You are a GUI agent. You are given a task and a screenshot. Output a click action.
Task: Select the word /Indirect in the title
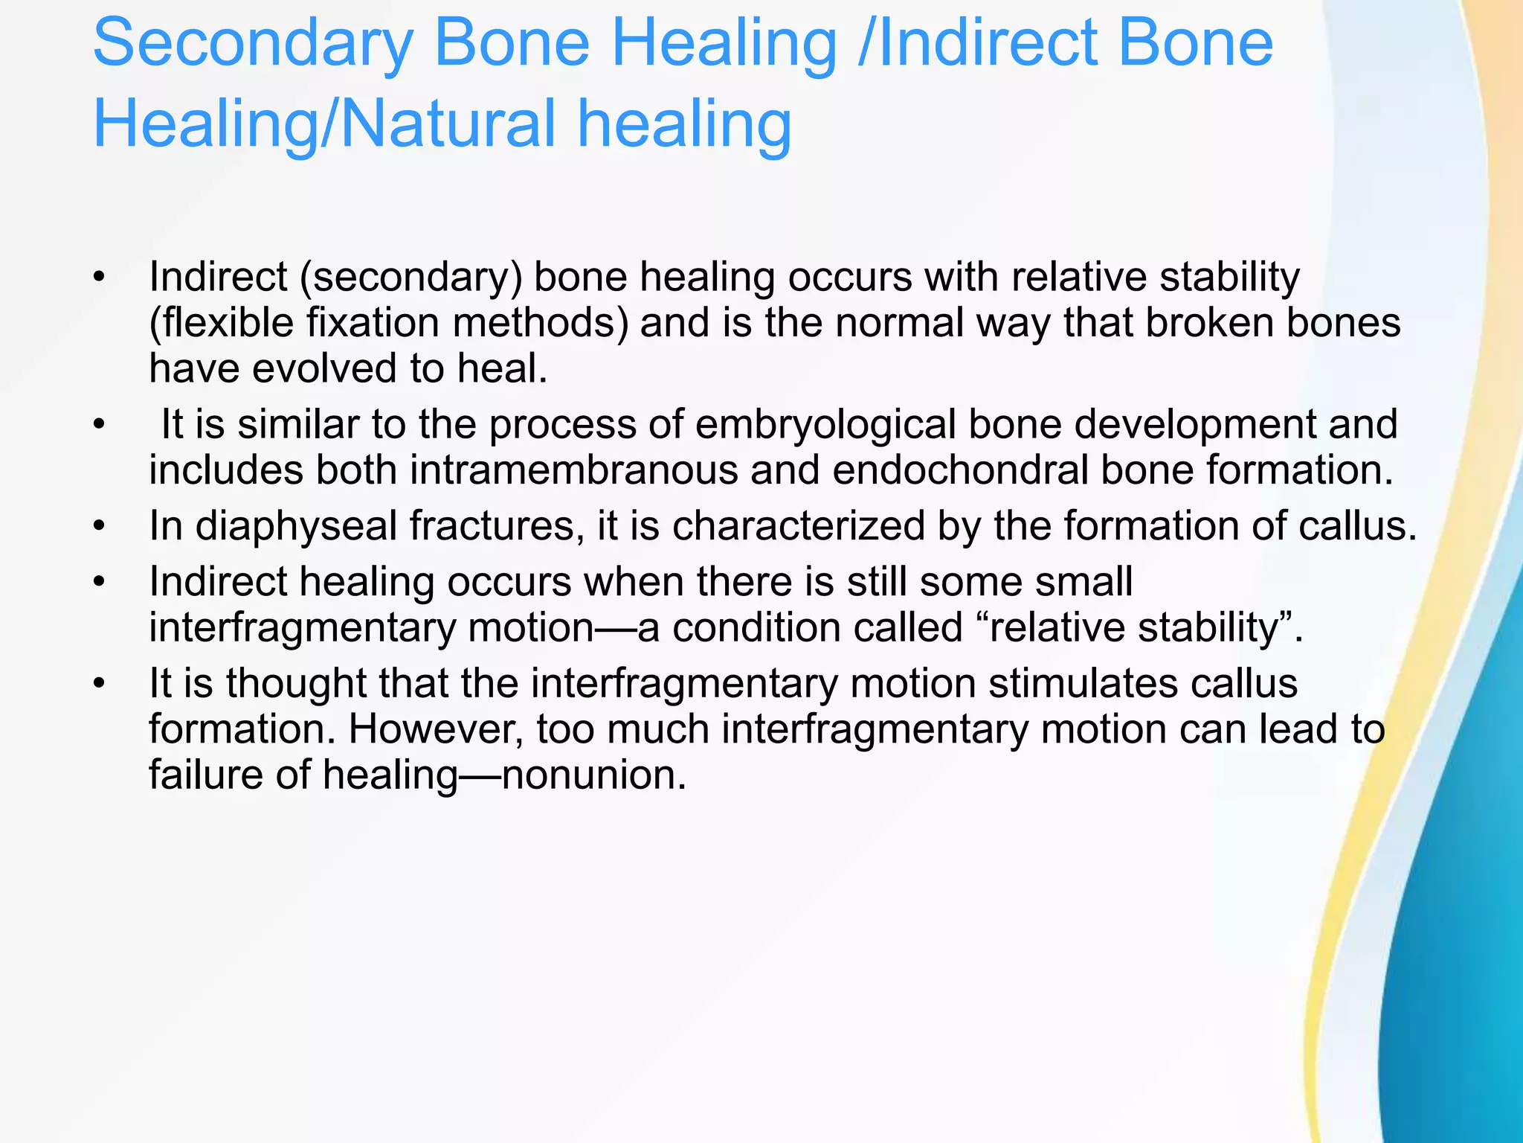tap(967, 43)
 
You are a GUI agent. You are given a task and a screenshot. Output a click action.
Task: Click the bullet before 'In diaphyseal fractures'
tap(100, 527)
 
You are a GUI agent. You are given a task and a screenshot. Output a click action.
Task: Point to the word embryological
tap(825, 425)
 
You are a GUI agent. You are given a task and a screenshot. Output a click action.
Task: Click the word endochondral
tap(960, 471)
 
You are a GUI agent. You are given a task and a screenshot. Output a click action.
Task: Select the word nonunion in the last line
tap(592, 775)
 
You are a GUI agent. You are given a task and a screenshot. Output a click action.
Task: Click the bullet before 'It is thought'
tap(100, 684)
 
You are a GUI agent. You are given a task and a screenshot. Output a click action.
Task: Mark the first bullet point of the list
tap(100, 278)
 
